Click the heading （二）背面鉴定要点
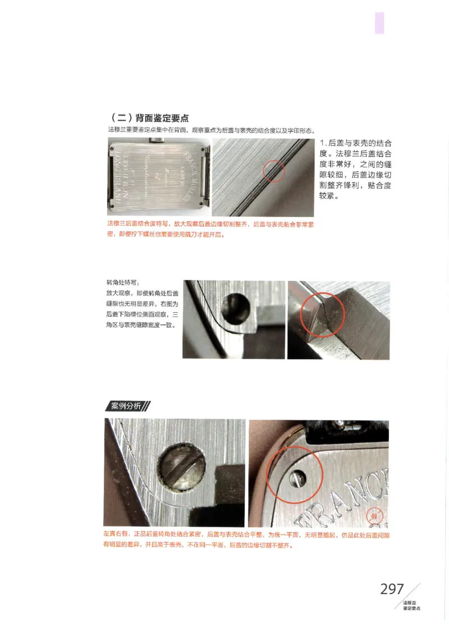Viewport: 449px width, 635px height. [150, 118]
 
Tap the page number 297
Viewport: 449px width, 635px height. [392, 589]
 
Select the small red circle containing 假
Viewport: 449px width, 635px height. [374, 515]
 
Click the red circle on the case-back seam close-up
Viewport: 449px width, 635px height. [273, 170]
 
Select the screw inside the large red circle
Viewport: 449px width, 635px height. [298, 478]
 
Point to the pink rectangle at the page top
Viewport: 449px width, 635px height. [379, 23]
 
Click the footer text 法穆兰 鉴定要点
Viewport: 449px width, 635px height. [411, 605]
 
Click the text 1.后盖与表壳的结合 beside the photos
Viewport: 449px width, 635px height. [355, 144]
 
